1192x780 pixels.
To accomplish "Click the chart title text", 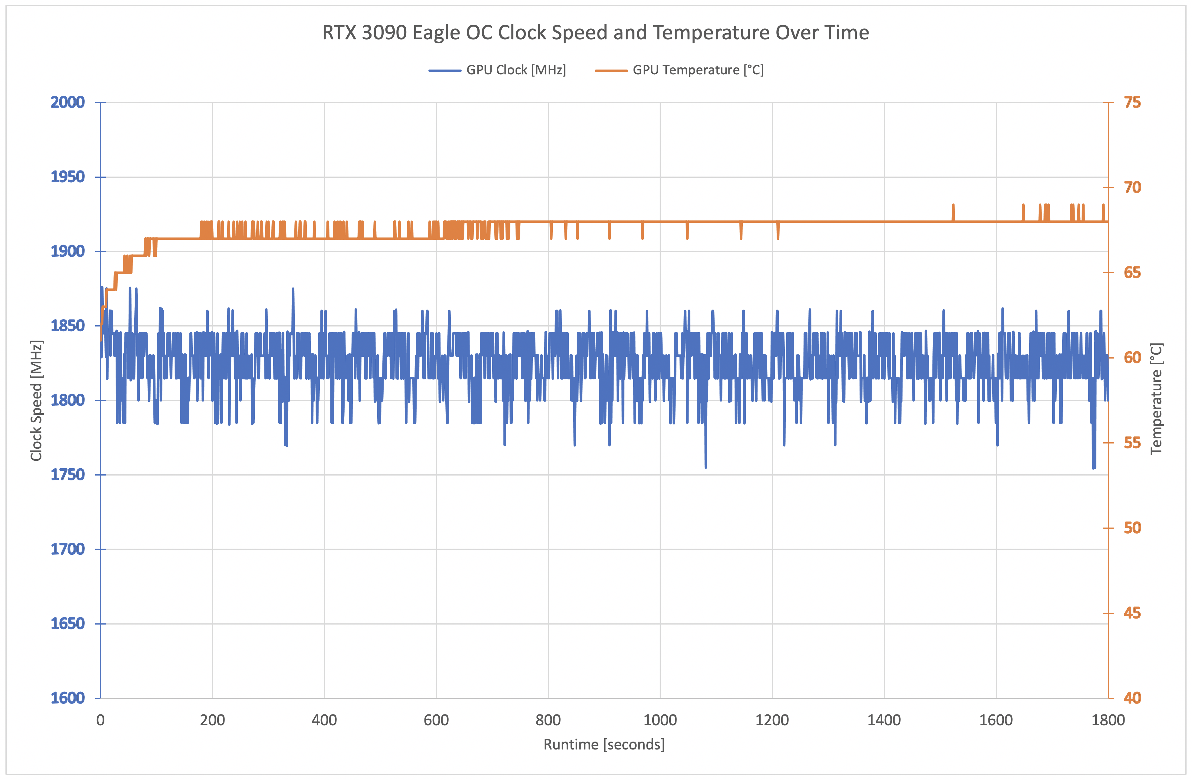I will tap(595, 33).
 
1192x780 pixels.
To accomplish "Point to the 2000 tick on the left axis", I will tap(67, 102).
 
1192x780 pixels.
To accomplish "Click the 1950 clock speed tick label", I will tap(67, 177).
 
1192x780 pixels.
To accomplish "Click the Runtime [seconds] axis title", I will tap(604, 745).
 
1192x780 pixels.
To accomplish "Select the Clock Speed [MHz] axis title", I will tap(36, 401).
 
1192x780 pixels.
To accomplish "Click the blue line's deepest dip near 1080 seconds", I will tap(706, 466).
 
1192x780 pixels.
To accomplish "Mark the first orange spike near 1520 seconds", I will tap(953, 205).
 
